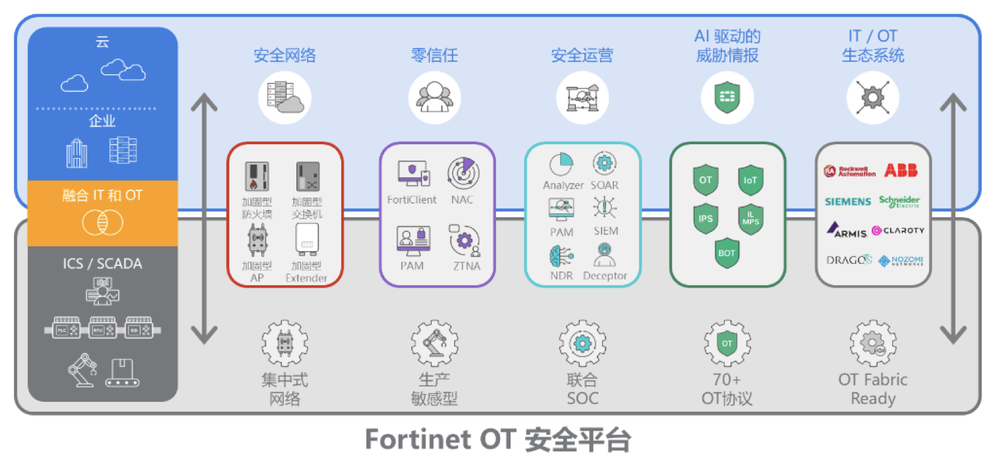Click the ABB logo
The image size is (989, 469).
901,171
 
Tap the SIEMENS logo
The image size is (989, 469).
848,202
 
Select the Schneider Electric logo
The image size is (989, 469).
900,202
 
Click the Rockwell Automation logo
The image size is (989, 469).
850,171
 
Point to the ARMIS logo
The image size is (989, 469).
848,231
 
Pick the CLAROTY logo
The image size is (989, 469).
898,231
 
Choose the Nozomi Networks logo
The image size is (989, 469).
901,260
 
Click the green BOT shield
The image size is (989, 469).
727,253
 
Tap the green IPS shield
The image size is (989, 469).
705,218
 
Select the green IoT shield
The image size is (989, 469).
750,180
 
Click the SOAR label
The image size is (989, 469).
604,186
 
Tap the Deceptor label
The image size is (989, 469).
605,275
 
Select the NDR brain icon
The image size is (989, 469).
561,255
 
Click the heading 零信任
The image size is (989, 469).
434,55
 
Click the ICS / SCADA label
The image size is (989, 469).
102,263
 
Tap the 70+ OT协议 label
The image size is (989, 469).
727,389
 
